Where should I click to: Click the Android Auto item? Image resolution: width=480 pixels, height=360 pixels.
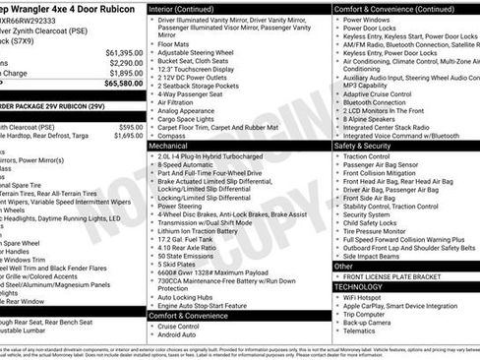pos(178,335)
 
